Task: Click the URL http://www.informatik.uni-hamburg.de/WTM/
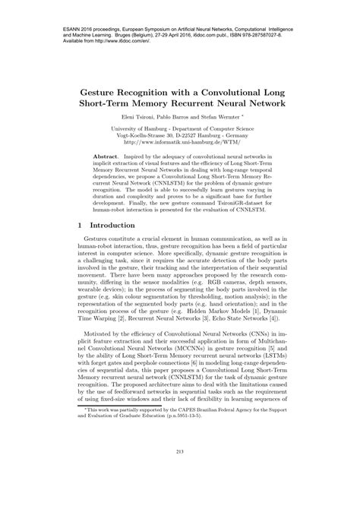(180, 141)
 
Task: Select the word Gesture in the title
(107, 91)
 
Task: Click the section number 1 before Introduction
(81, 226)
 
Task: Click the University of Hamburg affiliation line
(180, 127)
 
